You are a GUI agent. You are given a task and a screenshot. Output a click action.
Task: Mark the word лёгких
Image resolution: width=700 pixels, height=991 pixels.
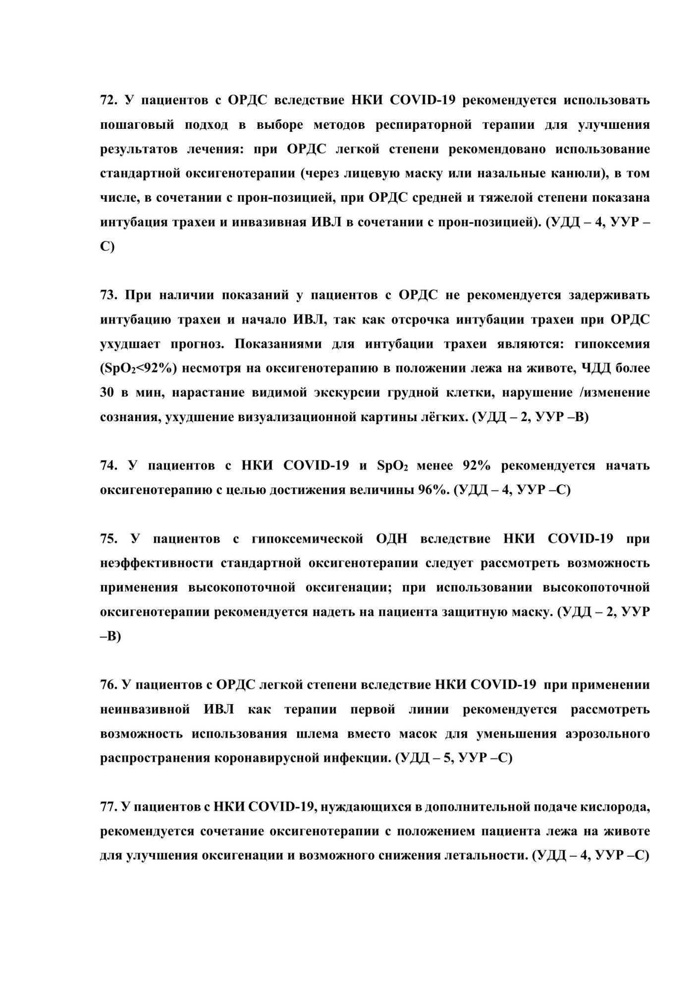tap(444, 417)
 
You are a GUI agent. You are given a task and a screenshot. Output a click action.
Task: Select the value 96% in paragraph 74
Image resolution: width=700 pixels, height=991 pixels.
tap(433, 490)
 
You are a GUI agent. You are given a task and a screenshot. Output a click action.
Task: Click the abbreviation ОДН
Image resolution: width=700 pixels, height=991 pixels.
tap(391, 539)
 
